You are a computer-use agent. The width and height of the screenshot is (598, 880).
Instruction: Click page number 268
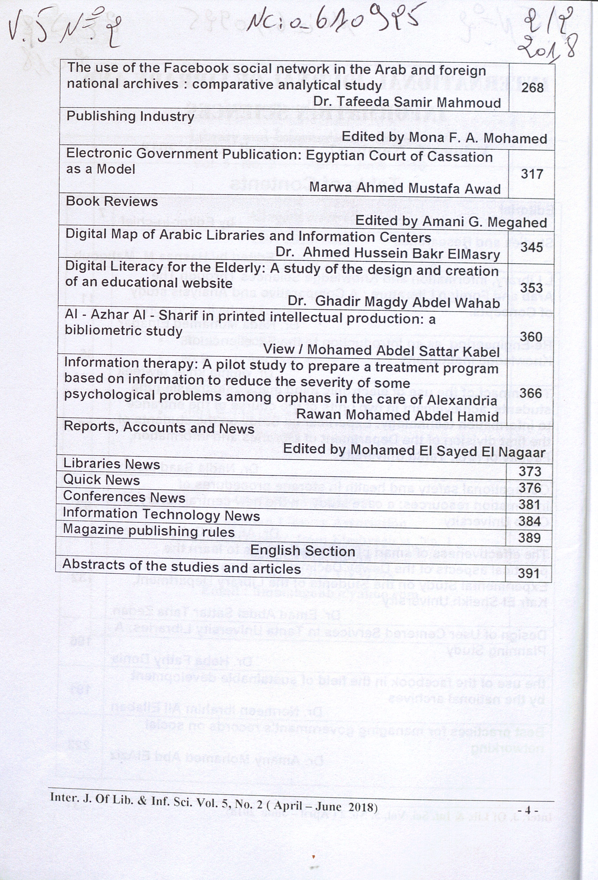[x=532, y=88]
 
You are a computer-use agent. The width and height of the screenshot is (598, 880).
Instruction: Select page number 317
[x=532, y=175]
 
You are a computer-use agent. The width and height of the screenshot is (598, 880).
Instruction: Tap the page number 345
[x=531, y=247]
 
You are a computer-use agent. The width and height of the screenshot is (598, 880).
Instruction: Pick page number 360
[x=531, y=337]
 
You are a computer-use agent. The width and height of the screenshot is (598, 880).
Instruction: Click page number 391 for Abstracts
[x=529, y=573]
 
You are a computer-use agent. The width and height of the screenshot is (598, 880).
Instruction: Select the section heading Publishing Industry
[x=130, y=117]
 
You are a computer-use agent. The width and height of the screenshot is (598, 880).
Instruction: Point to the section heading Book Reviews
[x=112, y=201]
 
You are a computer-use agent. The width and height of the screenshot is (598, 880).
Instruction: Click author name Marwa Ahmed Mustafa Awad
[x=405, y=188]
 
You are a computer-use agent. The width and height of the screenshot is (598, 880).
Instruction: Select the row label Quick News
[x=102, y=480]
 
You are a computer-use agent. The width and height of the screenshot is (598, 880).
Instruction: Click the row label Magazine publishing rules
[x=149, y=531]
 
